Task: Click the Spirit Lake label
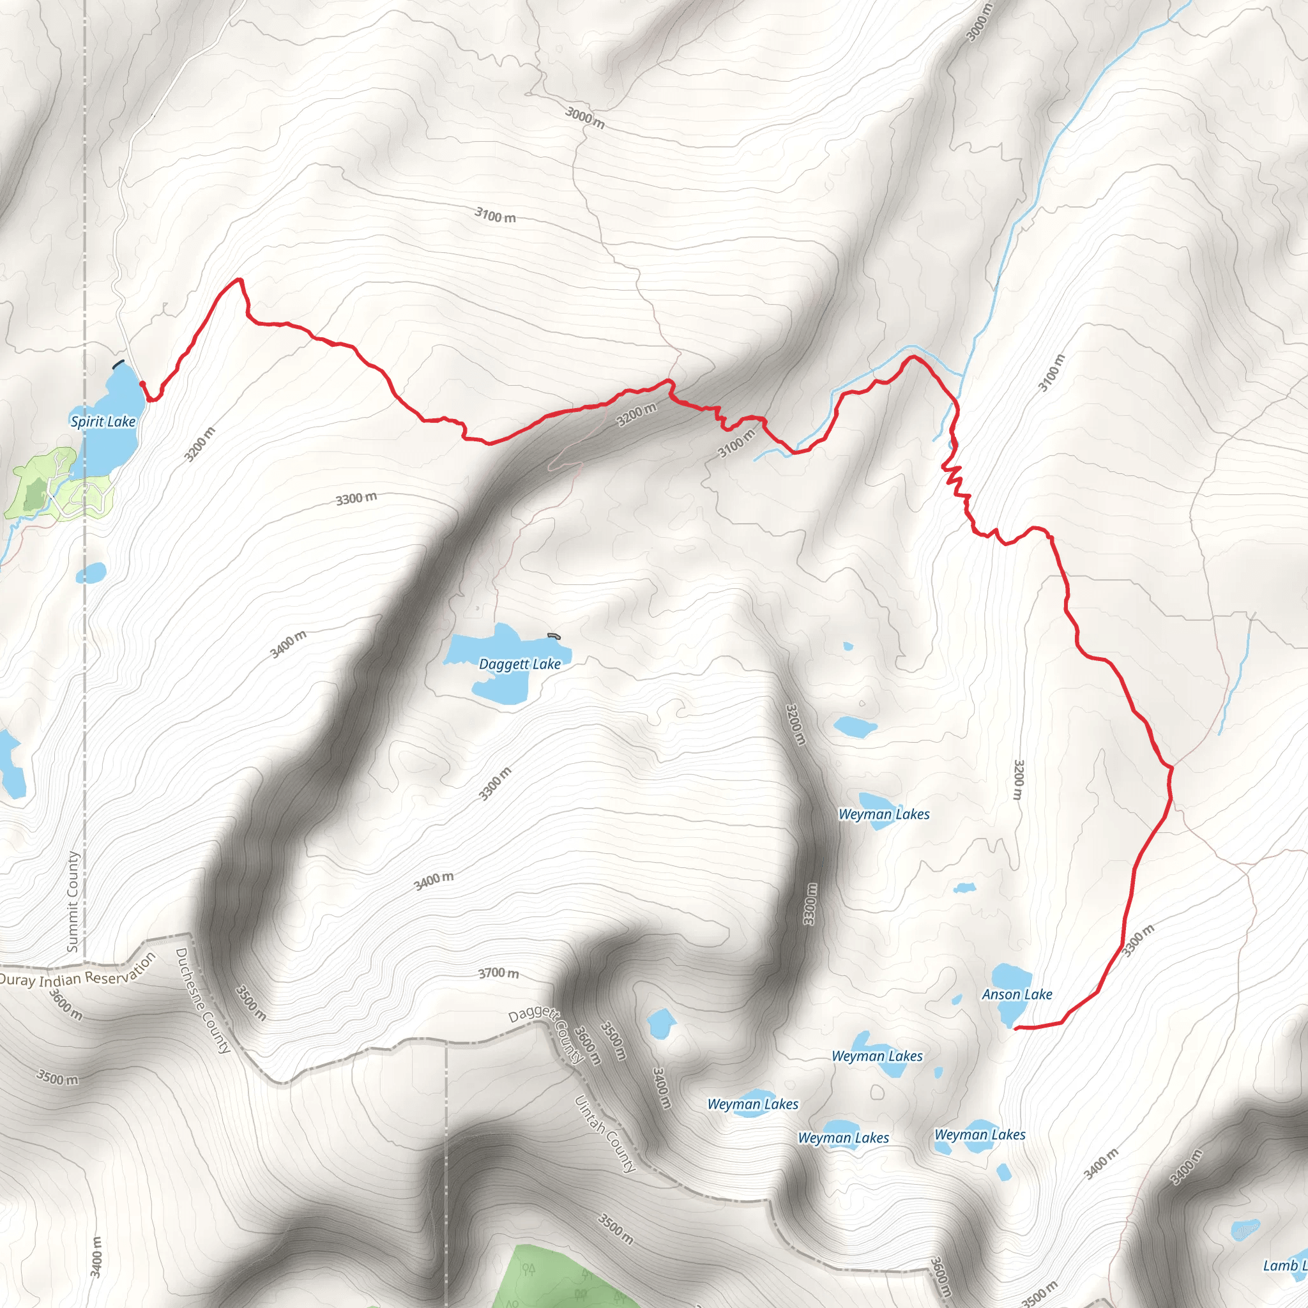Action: tap(103, 422)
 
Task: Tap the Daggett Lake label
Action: tap(519, 664)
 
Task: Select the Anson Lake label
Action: tap(1017, 994)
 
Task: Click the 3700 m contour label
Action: tap(498, 973)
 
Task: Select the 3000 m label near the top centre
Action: tap(585, 119)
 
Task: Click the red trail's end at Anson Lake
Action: tap(1015, 1028)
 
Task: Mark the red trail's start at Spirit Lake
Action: tap(142, 383)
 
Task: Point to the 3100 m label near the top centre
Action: tap(495, 216)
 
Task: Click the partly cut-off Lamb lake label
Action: tap(1284, 1265)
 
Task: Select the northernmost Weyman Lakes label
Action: tap(883, 814)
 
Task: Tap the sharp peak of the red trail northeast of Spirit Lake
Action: tap(238, 280)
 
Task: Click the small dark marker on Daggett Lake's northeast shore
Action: tap(554, 635)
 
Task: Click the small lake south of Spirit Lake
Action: tap(91, 573)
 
